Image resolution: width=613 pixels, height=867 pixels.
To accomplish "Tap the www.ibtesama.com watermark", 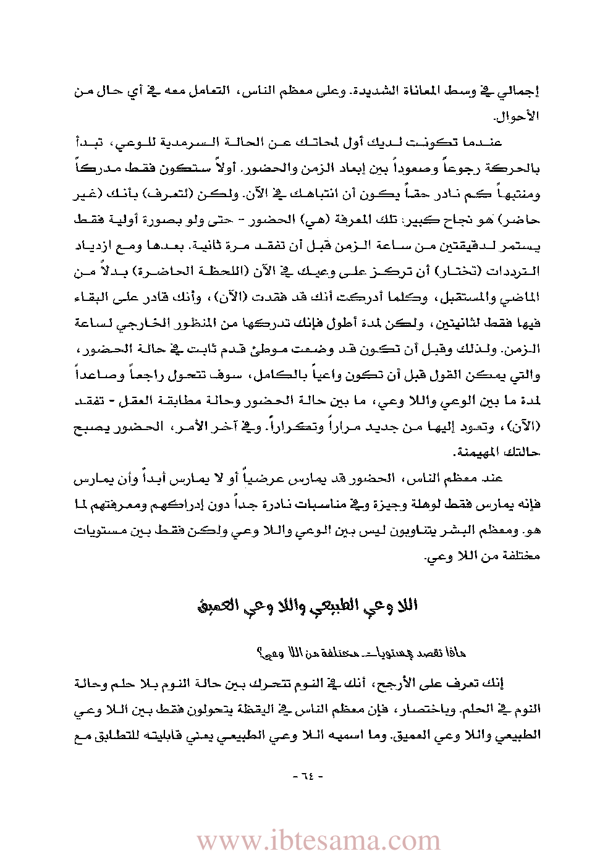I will point(318,841).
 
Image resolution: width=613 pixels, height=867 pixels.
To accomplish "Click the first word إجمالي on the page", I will point(520,91).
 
